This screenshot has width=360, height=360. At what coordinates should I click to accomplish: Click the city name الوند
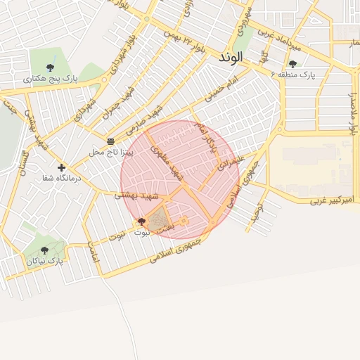231,56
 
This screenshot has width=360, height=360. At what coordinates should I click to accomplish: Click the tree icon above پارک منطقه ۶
292,64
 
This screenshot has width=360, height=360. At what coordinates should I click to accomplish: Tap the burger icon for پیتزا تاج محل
110,141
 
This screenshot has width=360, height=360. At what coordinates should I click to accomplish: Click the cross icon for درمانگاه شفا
62,167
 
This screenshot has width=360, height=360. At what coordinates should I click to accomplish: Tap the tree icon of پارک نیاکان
44,250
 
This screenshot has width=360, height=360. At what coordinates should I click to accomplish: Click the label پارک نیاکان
45,261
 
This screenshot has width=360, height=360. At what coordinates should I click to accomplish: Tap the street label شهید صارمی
143,121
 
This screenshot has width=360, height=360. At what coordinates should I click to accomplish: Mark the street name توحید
259,209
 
